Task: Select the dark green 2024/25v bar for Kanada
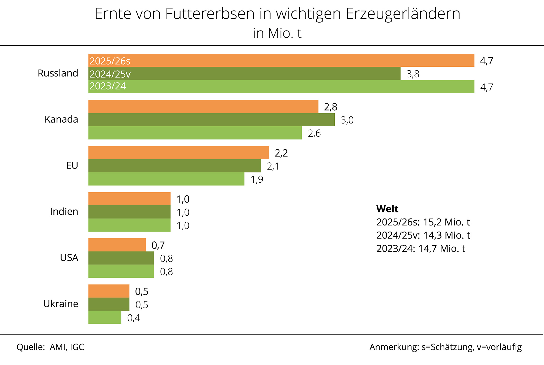tap(211, 120)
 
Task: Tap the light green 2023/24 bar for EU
tap(166, 179)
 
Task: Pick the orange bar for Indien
tap(129, 199)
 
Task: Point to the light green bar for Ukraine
tap(105, 317)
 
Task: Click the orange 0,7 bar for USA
tap(117, 245)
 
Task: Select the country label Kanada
tap(61, 119)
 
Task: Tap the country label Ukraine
tap(61, 304)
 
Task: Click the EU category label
tap(72, 165)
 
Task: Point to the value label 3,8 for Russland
tap(413, 74)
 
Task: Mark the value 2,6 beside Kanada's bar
tap(314, 133)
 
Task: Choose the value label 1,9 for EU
tap(257, 179)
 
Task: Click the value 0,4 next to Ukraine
tap(134, 318)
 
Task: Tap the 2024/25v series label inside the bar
tap(110, 74)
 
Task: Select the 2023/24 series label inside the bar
tap(108, 86)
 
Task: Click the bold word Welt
tap(387, 209)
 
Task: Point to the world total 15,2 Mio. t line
tap(423, 222)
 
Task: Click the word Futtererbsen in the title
tap(210, 14)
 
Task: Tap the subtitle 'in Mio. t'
tap(277, 33)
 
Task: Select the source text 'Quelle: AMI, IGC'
tap(50, 347)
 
